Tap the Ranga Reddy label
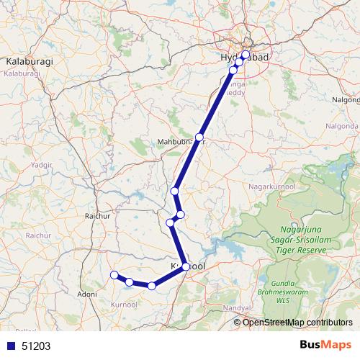click(238, 86)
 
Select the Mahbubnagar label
click(181, 143)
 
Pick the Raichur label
click(96, 215)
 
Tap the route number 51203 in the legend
click(36, 346)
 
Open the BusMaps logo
click(321, 345)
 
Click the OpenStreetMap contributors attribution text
click(298, 322)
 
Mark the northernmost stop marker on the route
click(246, 55)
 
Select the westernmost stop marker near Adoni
click(114, 274)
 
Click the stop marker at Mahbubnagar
click(199, 137)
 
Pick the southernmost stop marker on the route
click(151, 286)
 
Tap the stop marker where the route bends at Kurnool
click(186, 267)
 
